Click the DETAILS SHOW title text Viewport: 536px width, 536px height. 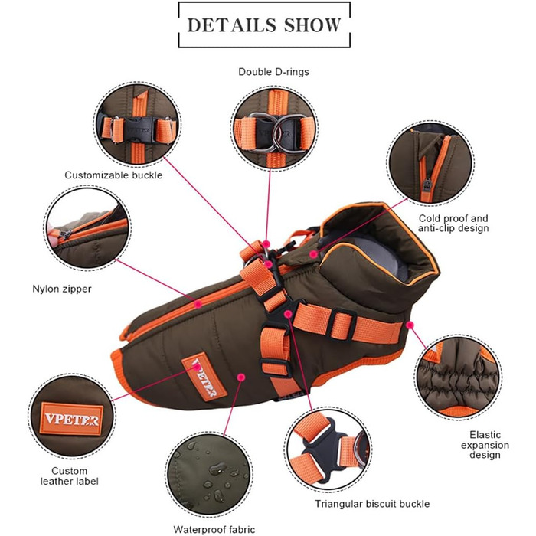pos(264,24)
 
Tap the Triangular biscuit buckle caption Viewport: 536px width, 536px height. pos(361,504)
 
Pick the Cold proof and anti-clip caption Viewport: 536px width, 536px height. pos(454,223)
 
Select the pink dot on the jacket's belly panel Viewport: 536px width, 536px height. pos(241,377)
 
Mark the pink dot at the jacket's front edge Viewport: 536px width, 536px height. pos(410,325)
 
